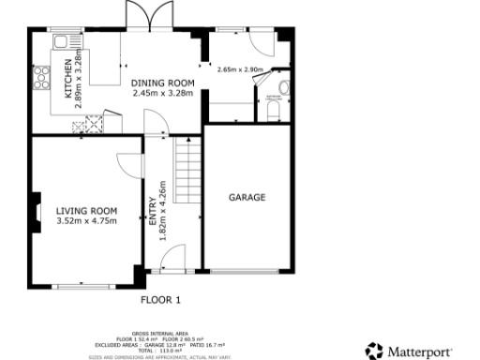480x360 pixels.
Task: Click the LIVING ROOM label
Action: (x=86, y=211)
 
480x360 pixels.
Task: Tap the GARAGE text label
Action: (x=247, y=198)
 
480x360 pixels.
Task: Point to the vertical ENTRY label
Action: (x=153, y=211)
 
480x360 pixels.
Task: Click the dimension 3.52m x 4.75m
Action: (x=86, y=222)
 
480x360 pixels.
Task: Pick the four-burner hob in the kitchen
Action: (x=41, y=76)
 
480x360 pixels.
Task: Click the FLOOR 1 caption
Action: (x=159, y=300)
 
